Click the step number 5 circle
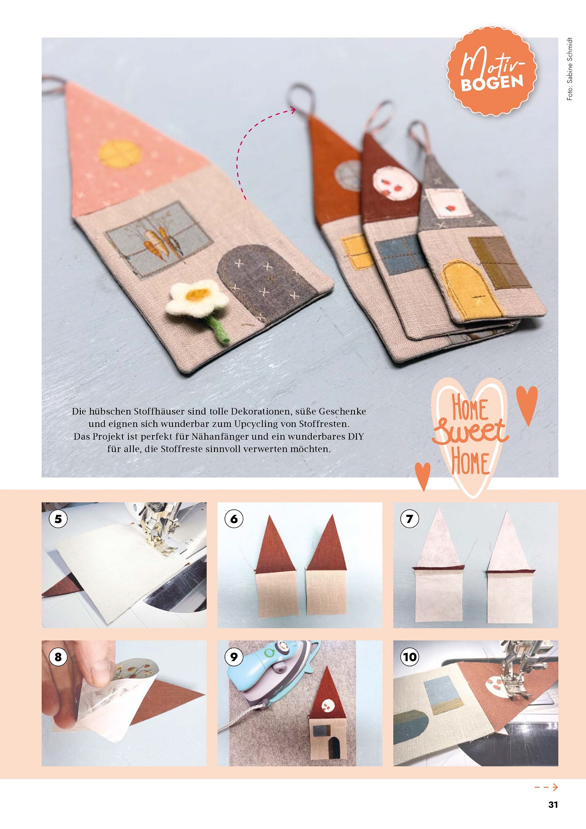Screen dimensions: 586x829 point(58,519)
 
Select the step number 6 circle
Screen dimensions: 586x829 point(234,519)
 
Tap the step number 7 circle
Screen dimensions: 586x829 point(410,519)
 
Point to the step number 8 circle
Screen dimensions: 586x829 point(58,657)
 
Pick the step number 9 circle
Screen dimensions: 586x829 point(234,657)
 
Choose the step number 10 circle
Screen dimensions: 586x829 point(410,657)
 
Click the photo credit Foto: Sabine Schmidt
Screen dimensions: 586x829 point(569,68)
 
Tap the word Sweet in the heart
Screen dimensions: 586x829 point(470,432)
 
